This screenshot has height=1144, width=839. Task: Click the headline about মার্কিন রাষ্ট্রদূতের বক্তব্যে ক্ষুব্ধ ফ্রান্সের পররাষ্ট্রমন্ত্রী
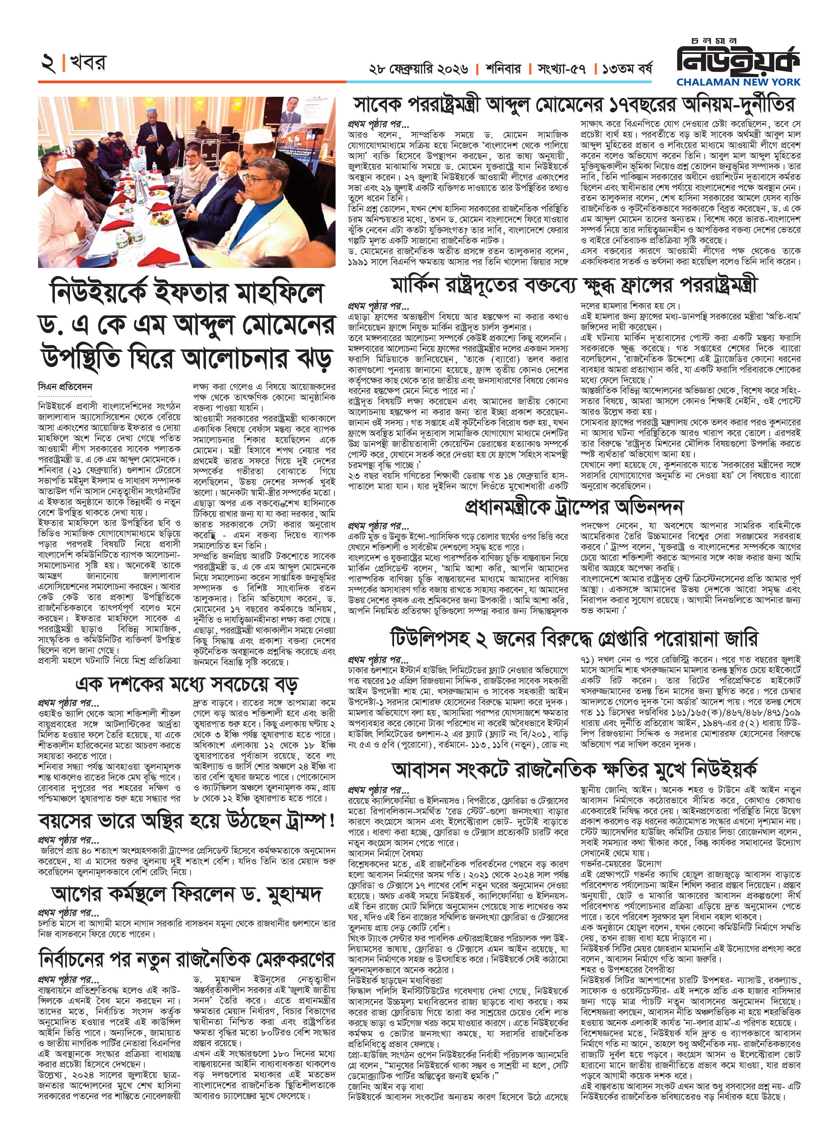point(574,285)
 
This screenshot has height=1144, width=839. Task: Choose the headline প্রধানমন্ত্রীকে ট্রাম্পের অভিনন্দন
point(574,506)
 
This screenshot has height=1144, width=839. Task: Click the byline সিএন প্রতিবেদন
point(65,387)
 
